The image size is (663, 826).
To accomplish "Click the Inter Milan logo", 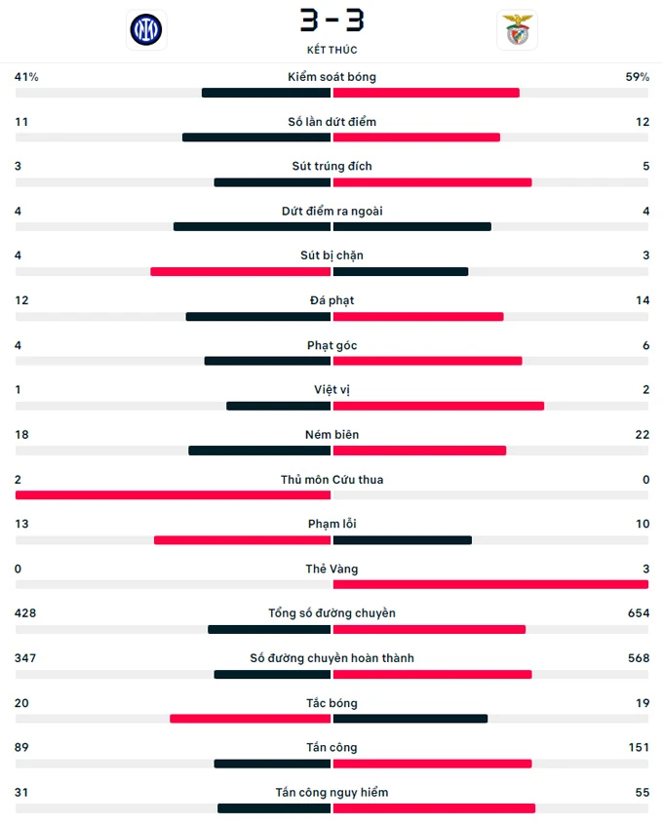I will coord(146,29).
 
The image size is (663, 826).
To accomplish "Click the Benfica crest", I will coord(517,29).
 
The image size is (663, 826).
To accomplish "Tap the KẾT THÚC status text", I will coord(331,50).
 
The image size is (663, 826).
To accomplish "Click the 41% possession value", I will coord(26,77).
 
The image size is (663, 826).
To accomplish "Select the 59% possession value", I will coord(637,77).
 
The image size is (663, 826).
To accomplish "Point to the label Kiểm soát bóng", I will coord(331,77).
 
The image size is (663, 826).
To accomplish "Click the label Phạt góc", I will coord(331,345).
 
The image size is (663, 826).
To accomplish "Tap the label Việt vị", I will coord(331,390).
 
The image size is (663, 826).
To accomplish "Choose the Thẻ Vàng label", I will coord(331,569).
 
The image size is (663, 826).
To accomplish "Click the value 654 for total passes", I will coord(639,613).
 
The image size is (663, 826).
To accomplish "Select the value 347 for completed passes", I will coord(25,658).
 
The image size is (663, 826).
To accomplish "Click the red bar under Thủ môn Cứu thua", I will coord(174,495).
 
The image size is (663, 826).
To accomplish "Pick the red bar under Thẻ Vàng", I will coord(490,584).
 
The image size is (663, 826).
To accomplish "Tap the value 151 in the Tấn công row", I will coord(639,748).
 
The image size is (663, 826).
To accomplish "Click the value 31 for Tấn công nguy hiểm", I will coord(21,793).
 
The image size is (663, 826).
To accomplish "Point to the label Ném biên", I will coord(331,435).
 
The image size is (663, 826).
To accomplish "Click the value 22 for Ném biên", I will coord(642,435).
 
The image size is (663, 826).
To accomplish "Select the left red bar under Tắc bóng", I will coord(251,719).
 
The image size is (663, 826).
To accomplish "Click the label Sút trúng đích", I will coord(331,166).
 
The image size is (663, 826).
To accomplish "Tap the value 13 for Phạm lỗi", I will coord(21,524).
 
